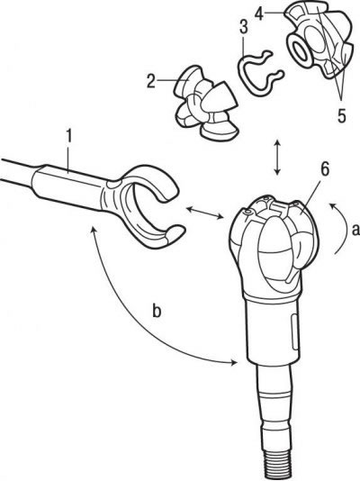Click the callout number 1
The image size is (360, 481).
(x=69, y=136)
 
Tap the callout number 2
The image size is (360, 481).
(x=151, y=81)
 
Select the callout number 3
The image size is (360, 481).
(x=244, y=27)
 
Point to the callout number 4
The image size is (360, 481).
(x=259, y=14)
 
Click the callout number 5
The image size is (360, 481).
(x=341, y=115)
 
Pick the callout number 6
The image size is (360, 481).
(x=325, y=169)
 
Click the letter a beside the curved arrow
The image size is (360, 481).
(x=355, y=230)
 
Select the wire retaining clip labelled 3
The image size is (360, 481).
(x=260, y=72)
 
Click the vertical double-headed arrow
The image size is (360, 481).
(x=277, y=158)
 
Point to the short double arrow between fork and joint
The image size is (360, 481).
(x=205, y=213)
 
